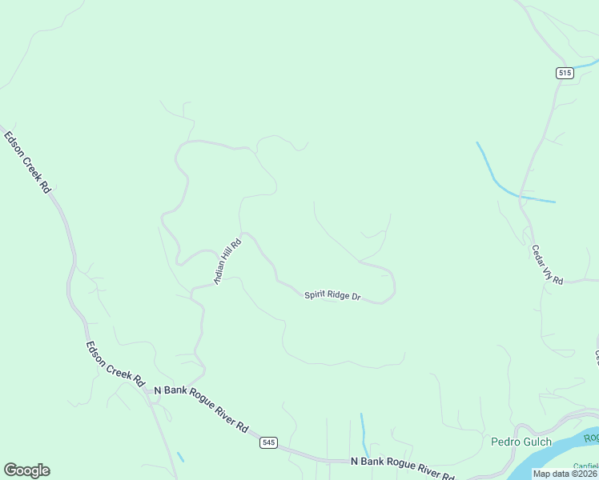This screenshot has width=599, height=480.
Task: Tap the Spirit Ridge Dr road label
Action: tap(332, 296)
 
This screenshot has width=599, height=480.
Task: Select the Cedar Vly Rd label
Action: tap(548, 264)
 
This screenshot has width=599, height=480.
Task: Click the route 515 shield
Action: tap(565, 73)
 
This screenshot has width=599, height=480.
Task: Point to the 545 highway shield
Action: tap(269, 442)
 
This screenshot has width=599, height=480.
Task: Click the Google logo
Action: tap(26, 470)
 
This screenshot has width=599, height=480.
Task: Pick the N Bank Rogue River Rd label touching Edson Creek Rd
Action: tap(201, 408)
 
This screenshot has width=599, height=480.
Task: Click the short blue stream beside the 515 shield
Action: tap(586, 64)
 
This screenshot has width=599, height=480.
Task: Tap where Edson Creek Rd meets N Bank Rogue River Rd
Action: tap(145, 389)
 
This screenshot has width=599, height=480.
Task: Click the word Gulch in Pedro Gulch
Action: tap(536, 442)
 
